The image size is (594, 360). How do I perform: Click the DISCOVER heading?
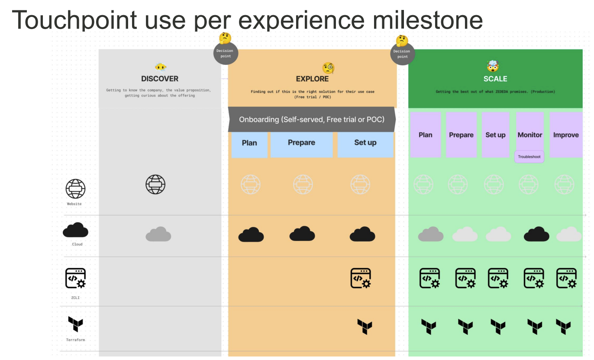coord(160,79)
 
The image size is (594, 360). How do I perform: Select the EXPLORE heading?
coord(312,79)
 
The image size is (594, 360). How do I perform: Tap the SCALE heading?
coord(495,79)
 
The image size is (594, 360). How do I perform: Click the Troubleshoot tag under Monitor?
coord(529,157)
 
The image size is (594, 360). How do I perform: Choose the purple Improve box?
coord(565,135)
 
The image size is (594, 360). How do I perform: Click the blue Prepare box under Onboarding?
coord(301,145)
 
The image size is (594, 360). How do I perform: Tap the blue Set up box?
coord(365,145)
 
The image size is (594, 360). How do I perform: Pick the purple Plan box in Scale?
coord(425,135)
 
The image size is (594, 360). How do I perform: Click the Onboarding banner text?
coord(312,119)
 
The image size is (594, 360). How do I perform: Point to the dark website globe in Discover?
coord(155,184)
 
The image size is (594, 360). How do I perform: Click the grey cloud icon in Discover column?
coord(158,234)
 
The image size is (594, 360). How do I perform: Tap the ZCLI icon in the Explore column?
coord(361,278)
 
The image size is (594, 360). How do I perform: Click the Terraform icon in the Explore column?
coord(365,327)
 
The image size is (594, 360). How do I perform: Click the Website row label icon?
coord(76,189)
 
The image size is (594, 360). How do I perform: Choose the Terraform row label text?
coord(76,340)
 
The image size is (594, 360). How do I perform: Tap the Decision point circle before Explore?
coord(226,53)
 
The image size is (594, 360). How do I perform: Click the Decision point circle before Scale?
coord(403,54)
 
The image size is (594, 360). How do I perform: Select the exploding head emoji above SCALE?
coord(493,66)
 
